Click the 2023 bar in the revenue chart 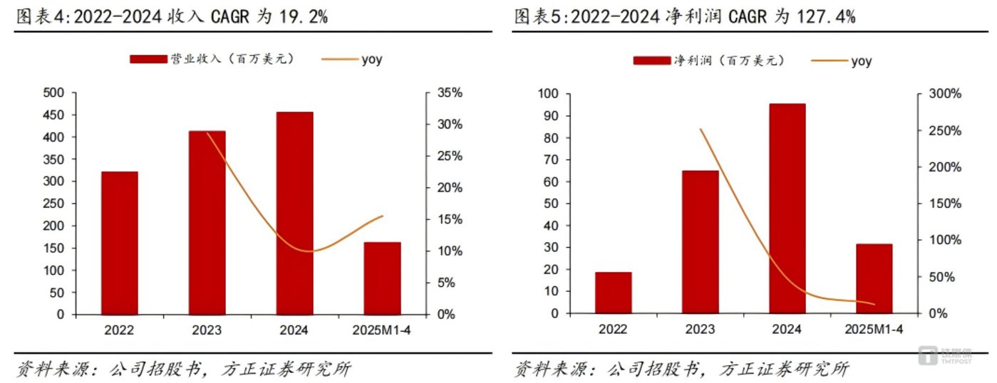coord(207,222)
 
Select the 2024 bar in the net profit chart coord(787,208)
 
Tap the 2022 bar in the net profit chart coord(613,293)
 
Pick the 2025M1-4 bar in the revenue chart coord(382,278)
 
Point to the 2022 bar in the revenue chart coord(119,242)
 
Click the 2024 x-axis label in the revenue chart coord(294,330)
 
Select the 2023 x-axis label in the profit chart coord(700,330)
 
